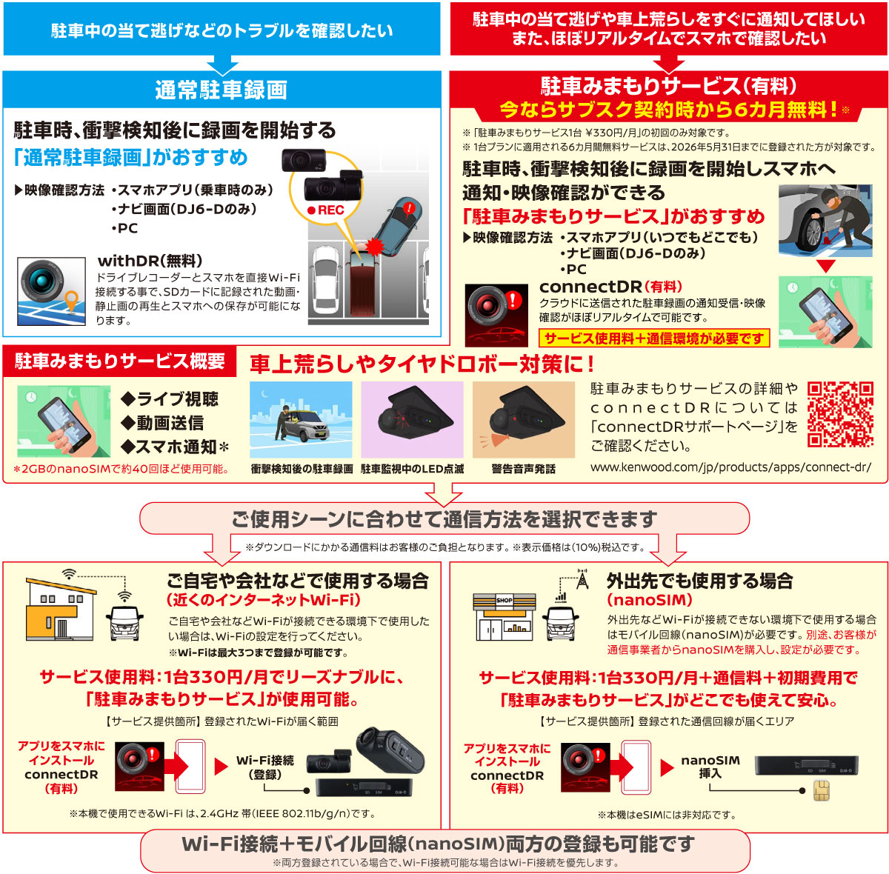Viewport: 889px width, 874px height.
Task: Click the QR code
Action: pyautogui.click(x=840, y=414)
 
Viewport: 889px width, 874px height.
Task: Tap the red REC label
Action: pyautogui.click(x=326, y=210)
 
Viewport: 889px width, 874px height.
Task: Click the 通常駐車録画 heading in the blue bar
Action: pyautogui.click(x=221, y=90)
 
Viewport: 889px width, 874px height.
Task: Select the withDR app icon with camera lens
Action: pyautogui.click(x=51, y=291)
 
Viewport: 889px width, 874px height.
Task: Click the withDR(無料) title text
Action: pyautogui.click(x=150, y=261)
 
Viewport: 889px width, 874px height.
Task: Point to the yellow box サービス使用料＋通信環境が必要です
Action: pyautogui.click(x=654, y=338)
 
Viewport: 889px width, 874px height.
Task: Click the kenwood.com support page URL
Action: pyautogui.click(x=730, y=467)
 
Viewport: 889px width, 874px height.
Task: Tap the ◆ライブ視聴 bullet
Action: pyautogui.click(x=170, y=398)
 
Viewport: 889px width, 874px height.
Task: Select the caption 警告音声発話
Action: pyautogui.click(x=523, y=469)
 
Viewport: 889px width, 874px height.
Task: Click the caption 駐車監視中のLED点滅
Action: pyautogui.click(x=412, y=469)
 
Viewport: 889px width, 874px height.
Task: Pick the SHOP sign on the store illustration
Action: pyautogui.click(x=505, y=600)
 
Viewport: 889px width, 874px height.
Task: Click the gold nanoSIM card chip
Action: pyautogui.click(x=822, y=790)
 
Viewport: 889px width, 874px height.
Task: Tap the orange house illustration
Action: pyautogui.click(x=61, y=609)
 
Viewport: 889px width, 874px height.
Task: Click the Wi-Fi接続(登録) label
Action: pyautogui.click(x=264, y=767)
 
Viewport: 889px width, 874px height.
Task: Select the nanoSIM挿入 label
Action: pyautogui.click(x=710, y=767)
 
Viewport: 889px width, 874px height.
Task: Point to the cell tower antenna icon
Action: pyautogui.click(x=583, y=578)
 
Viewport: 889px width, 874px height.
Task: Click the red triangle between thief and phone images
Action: pyautogui.click(x=825, y=266)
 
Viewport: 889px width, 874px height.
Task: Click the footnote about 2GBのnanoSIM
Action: pyautogui.click(x=121, y=469)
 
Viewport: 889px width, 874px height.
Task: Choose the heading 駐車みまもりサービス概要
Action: pyautogui.click(x=120, y=361)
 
